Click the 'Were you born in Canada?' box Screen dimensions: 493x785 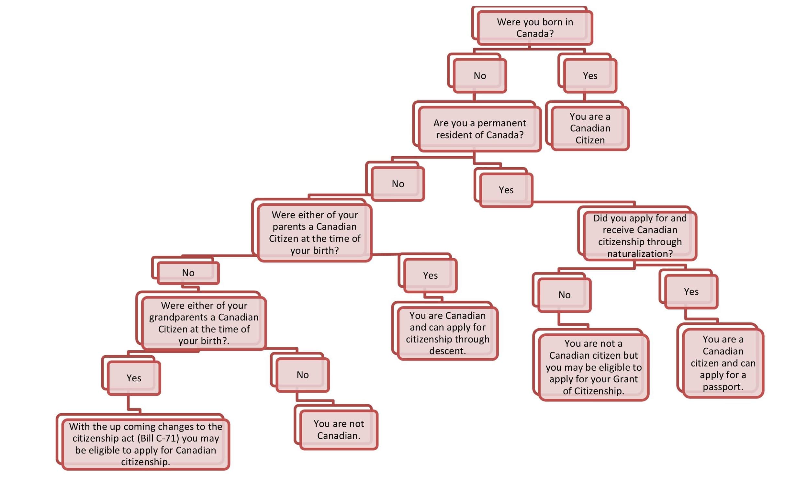535,28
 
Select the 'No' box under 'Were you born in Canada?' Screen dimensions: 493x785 479,76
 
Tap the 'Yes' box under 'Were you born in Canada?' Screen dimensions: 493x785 590,76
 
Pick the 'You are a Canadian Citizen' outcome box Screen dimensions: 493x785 590,128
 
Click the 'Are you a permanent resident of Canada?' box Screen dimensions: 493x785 479,129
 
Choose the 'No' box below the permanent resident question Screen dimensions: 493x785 398,184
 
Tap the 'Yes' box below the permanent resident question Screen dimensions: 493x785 506,190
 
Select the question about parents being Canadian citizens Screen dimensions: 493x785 315,233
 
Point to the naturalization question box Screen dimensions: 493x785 640,236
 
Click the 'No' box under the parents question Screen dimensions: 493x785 188,273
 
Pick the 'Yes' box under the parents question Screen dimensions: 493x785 430,275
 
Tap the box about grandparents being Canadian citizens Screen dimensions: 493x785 204,323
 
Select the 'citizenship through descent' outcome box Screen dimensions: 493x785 447,333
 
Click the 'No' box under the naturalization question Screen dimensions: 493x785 564,295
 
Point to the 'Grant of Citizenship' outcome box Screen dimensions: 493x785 593,367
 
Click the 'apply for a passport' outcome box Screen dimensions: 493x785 723,363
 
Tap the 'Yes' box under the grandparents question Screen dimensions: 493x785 134,378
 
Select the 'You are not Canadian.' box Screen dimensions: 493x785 338,430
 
